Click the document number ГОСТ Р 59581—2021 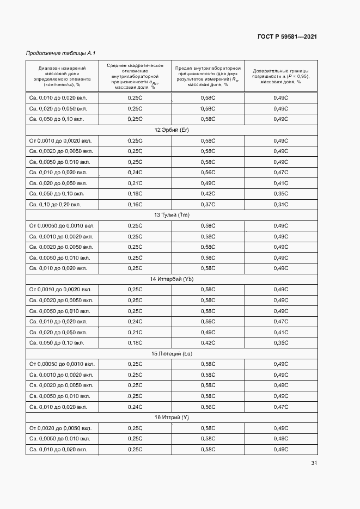(x=287, y=36)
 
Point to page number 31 (x=314, y=463)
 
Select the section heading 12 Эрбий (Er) (x=172, y=130)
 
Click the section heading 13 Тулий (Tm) (x=172, y=215)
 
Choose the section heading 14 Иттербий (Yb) (x=172, y=279)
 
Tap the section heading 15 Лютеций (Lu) (x=172, y=353)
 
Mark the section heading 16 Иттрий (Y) (x=172, y=417)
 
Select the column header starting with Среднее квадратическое (x=135, y=76)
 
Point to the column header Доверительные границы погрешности (x=280, y=76)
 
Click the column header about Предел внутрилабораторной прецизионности (x=208, y=76)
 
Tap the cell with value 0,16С (x=135, y=204)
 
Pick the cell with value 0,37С (x=208, y=204)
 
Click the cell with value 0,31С (x=280, y=204)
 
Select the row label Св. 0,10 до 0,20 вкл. (x=56, y=204)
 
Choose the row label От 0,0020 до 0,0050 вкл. (x=60, y=428)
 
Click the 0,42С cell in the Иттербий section (x=208, y=343)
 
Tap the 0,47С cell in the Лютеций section (x=280, y=407)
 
